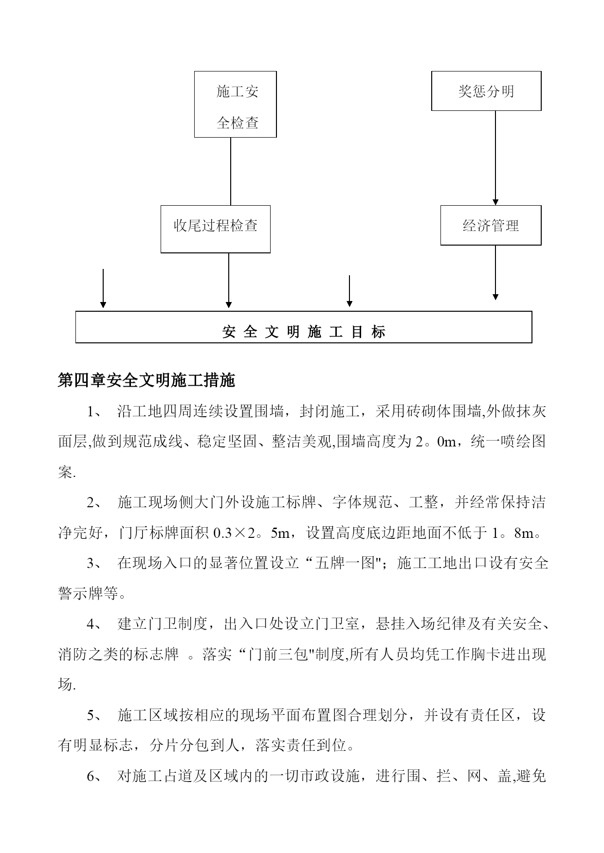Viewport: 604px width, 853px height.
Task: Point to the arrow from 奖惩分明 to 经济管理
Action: tap(495, 158)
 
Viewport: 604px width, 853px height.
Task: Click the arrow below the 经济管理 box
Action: tap(495, 272)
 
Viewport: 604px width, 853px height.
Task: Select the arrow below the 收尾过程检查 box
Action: tap(229, 281)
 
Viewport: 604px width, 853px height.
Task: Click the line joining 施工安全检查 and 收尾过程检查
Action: tap(231, 171)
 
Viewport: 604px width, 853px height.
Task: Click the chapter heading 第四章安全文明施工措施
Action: tap(146, 380)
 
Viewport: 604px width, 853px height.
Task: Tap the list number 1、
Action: tap(94, 412)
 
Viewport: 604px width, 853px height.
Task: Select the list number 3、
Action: tap(94, 564)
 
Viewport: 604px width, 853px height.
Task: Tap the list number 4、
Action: tap(94, 624)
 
